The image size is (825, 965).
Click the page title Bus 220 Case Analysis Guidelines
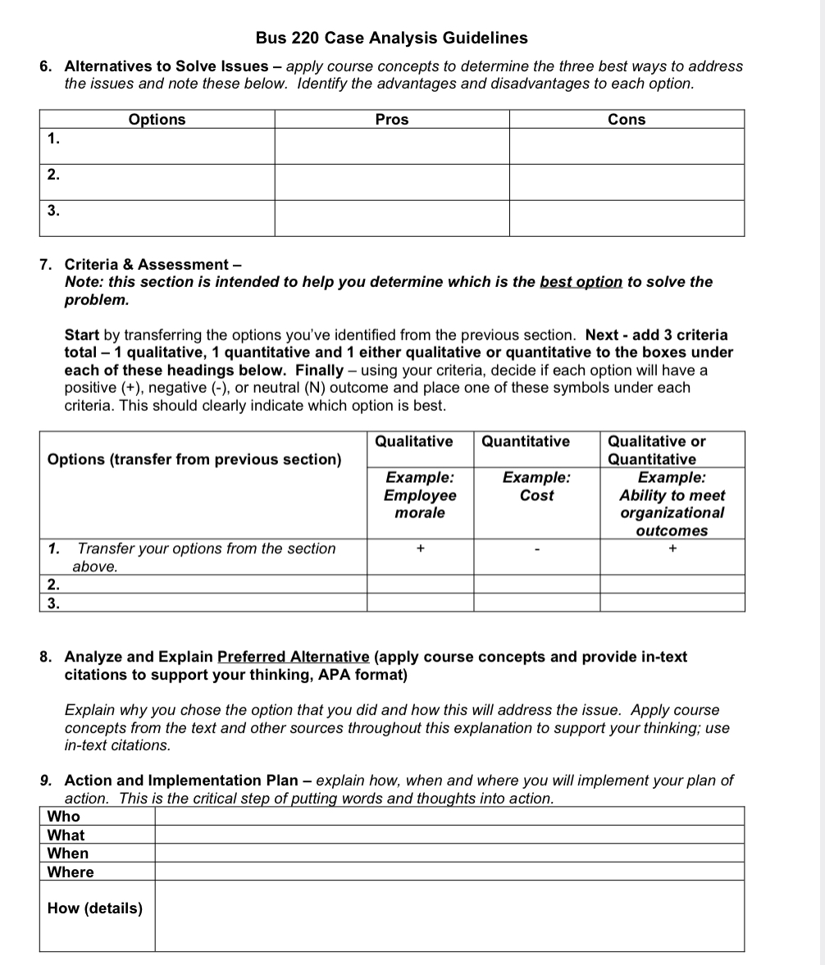coord(391,38)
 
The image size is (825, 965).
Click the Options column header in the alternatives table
coord(157,120)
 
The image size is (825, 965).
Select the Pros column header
coord(391,120)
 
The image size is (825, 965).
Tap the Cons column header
coord(627,120)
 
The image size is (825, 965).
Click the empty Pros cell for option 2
coord(391,182)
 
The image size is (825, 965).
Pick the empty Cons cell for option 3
coord(627,218)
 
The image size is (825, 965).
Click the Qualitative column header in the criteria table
coord(413,441)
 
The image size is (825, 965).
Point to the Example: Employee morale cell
coord(420,495)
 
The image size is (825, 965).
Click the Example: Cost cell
coord(536,486)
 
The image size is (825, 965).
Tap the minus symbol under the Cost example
coord(536,549)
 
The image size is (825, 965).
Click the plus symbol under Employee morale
coord(420,549)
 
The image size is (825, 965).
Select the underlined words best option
coord(581,282)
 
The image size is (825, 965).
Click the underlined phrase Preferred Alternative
coord(294,657)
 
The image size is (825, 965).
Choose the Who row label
coord(64,816)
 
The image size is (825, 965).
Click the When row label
coord(68,853)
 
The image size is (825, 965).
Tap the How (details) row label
coord(95,908)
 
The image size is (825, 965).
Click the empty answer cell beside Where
coord(449,872)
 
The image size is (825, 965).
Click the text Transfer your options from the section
coord(206,549)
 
